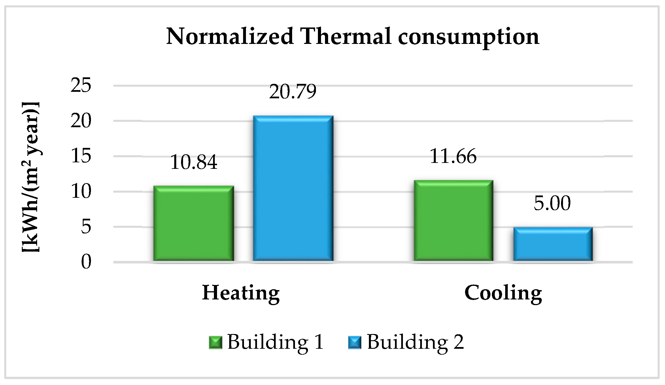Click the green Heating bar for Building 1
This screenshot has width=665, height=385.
click(194, 224)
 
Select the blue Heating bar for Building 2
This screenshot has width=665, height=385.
click(293, 188)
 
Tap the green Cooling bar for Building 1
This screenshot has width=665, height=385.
click(453, 221)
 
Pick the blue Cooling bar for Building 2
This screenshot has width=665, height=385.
click(553, 244)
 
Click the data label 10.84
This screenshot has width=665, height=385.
click(194, 162)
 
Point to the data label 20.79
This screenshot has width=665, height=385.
click(293, 92)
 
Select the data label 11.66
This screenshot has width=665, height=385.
click(453, 156)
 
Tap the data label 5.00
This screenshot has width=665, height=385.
click(552, 203)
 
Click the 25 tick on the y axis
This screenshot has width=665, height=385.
click(81, 85)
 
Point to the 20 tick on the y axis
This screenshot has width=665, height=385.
click(81, 121)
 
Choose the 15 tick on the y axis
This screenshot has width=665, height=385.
click(81, 156)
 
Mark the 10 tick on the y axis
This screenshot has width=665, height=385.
click(81, 191)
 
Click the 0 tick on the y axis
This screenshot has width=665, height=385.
click(86, 262)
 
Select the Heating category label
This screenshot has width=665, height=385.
click(241, 293)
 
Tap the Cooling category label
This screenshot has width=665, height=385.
click(503, 293)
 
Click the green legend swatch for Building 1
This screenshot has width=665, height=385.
click(215, 342)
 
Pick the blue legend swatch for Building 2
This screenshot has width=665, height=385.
click(355, 342)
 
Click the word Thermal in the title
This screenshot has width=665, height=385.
click(346, 37)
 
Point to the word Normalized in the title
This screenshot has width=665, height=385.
click(230, 37)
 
